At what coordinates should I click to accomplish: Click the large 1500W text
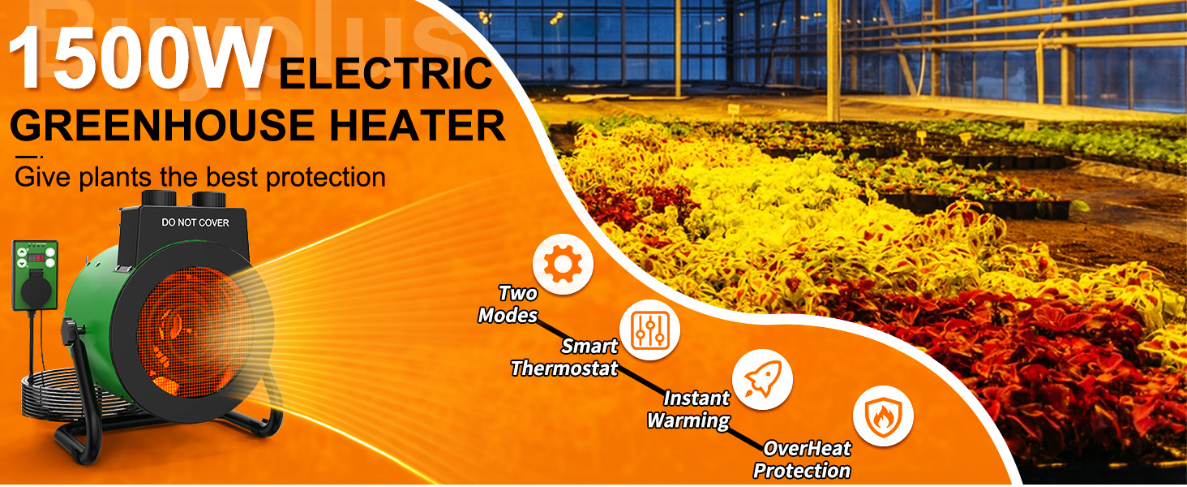tap(140, 58)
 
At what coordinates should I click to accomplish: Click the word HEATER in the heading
tap(417, 125)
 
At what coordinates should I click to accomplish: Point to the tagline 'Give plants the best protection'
tap(199, 177)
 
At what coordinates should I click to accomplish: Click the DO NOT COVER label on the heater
tap(195, 223)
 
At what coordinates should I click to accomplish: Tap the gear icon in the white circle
tap(563, 264)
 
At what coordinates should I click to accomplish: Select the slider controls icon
tap(649, 330)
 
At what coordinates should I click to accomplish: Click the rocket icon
tap(762, 379)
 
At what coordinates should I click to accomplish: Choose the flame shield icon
tap(883, 416)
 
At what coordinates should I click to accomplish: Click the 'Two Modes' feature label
tap(508, 304)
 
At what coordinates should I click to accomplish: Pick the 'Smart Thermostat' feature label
tap(564, 357)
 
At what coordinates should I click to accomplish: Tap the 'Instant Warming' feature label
tap(689, 409)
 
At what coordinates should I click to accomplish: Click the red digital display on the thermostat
tap(36, 258)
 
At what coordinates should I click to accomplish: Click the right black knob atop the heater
tap(209, 200)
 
